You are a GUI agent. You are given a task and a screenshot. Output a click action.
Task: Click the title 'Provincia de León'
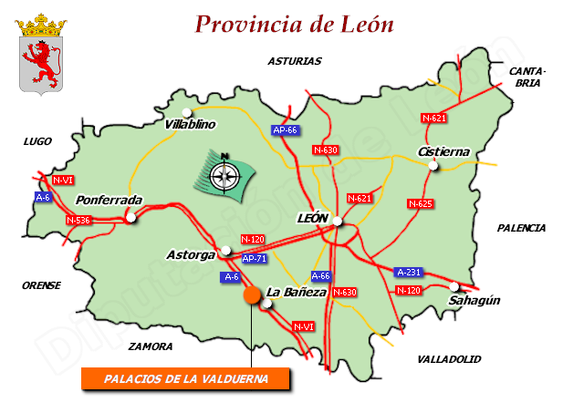(295, 25)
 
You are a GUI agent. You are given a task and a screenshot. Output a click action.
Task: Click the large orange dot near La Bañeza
(251, 295)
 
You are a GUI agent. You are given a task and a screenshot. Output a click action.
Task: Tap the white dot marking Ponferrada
(131, 217)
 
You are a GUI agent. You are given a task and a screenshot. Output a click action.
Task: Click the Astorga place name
(191, 254)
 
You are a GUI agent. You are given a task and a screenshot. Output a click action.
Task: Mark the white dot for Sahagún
(454, 285)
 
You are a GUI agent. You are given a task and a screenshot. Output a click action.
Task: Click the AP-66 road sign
(286, 130)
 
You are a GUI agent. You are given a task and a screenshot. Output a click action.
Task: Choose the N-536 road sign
(78, 220)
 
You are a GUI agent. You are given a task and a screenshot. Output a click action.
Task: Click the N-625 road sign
(420, 203)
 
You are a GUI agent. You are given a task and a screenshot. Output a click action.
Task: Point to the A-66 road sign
(320, 275)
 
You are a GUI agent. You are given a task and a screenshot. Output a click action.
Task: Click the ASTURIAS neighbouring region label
(295, 61)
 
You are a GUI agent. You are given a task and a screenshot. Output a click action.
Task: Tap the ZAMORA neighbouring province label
(151, 346)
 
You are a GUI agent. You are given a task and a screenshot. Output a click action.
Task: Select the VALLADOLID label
(449, 359)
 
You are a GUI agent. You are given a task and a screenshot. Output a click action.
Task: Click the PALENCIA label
(521, 228)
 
